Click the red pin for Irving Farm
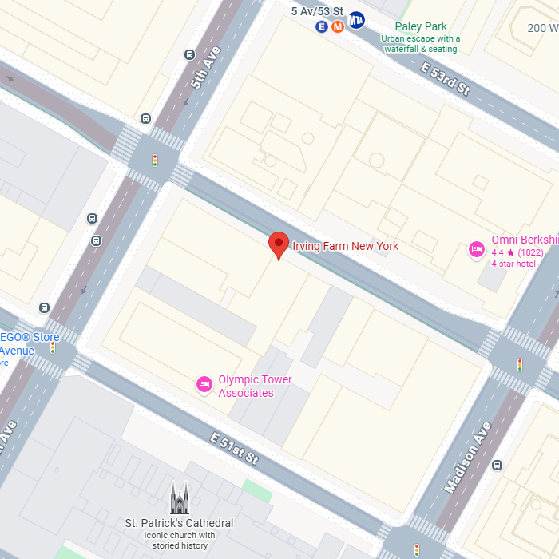(x=278, y=244)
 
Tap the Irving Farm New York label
(x=345, y=246)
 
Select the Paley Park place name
(x=420, y=26)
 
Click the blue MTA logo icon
(x=356, y=20)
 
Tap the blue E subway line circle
(x=322, y=26)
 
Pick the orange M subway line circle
(x=337, y=26)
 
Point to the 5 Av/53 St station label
(x=317, y=11)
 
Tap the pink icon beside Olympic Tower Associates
(x=204, y=385)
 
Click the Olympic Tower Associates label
(x=255, y=387)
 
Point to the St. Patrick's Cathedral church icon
(x=180, y=498)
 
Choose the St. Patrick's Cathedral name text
(x=180, y=523)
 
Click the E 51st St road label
(x=235, y=448)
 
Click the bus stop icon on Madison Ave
(x=498, y=465)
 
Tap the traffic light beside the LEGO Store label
(x=53, y=347)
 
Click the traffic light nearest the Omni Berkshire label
(x=520, y=365)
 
